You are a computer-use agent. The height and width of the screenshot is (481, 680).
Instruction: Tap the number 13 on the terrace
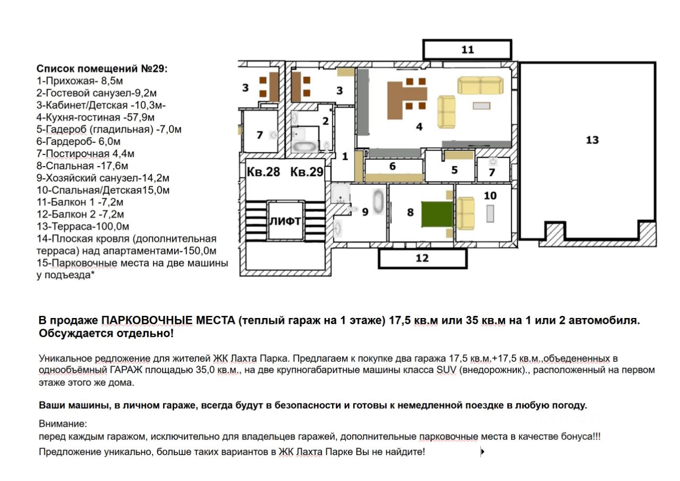pyautogui.click(x=592, y=140)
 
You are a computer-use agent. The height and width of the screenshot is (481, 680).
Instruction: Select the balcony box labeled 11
pyautogui.click(x=467, y=50)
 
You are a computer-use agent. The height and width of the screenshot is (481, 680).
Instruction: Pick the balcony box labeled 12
pyautogui.click(x=422, y=259)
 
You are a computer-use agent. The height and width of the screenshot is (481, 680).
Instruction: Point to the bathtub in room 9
pyautogui.click(x=378, y=202)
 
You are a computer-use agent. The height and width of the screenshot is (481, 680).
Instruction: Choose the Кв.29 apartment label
pyautogui.click(x=307, y=173)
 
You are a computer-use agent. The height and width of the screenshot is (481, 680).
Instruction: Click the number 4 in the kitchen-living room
pyautogui.click(x=419, y=127)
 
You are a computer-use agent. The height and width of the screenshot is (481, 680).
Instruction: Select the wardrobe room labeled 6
pyautogui.click(x=393, y=166)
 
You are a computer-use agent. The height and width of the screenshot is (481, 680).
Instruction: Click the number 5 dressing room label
pyautogui.click(x=454, y=170)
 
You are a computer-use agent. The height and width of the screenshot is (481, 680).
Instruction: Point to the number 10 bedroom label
pyautogui.click(x=490, y=195)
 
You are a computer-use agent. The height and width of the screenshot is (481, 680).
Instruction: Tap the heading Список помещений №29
pyautogui.click(x=101, y=69)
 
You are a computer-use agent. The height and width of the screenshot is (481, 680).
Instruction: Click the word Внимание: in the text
pyautogui.click(x=62, y=424)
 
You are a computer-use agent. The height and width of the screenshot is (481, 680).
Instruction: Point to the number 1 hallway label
pyautogui.click(x=345, y=157)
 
